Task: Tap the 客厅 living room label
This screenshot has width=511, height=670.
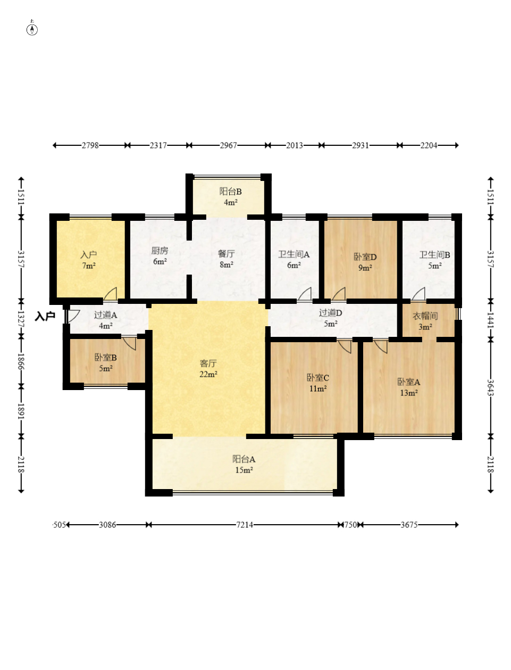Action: (208, 363)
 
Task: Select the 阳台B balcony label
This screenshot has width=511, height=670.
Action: (230, 192)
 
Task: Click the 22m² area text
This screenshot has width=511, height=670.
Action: (208, 374)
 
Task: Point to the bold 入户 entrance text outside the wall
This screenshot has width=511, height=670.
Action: (45, 316)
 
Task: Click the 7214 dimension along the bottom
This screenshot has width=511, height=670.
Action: (245, 525)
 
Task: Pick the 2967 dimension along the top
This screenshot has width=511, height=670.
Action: (228, 145)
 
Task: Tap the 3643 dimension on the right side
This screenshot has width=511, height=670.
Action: (490, 387)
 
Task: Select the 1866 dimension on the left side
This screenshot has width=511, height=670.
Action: (21, 361)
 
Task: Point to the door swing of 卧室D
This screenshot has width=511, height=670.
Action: (339, 294)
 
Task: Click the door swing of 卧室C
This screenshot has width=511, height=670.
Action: (345, 346)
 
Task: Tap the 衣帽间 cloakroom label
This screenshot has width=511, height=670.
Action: (425, 316)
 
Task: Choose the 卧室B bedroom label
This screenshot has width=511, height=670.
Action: (105, 358)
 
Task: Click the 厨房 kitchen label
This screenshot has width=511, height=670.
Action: (160, 251)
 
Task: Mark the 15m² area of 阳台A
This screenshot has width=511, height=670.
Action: (244, 470)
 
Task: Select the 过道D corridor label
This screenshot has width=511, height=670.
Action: (331, 312)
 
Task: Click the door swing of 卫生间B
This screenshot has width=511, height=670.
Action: (418, 294)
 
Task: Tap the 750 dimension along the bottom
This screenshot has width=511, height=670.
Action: (350, 525)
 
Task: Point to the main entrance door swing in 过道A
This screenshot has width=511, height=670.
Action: (72, 316)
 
